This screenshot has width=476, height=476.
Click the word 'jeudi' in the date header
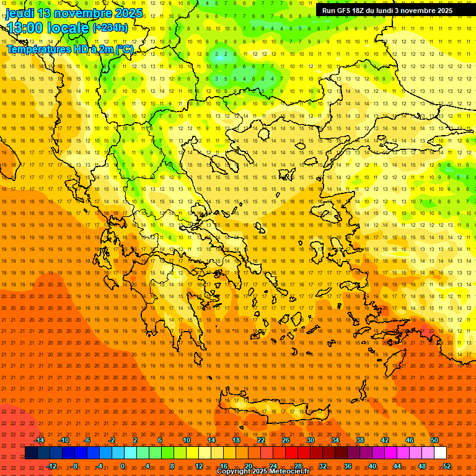click(20, 13)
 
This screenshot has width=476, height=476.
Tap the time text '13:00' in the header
click(26, 28)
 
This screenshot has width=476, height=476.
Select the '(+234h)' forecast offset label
click(110, 28)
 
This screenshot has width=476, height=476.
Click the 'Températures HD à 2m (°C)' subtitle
click(69, 49)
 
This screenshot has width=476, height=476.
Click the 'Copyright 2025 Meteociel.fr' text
click(263, 472)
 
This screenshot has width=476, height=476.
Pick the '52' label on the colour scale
click(447, 466)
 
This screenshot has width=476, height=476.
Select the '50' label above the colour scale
click(434, 440)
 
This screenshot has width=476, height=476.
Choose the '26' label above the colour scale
click(286, 440)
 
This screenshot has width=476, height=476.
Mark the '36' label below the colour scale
click(348, 466)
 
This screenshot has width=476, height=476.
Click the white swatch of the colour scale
click(441, 453)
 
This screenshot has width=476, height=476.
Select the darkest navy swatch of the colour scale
click(31, 453)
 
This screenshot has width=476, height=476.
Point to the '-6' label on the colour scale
click(87, 440)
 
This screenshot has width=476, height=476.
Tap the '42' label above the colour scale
click(385, 440)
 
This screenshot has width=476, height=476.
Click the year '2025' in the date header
click(129, 13)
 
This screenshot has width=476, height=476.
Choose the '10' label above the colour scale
click(187, 440)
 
